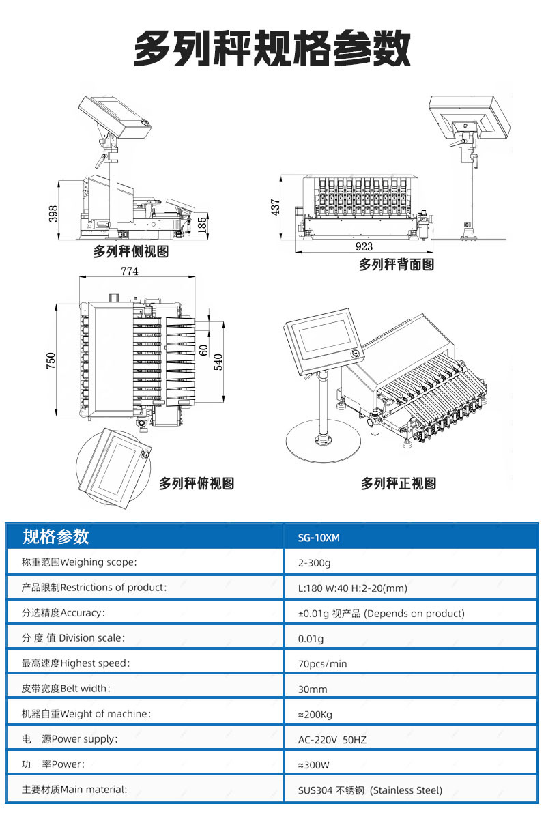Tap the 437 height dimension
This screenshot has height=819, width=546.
tap(276, 207)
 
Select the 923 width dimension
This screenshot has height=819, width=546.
tap(364, 246)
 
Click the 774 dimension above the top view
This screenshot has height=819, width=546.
tap(130, 271)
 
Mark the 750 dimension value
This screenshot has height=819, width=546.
tap(51, 362)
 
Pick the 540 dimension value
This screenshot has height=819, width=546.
tap(219, 360)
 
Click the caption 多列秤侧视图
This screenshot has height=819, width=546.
tap(131, 251)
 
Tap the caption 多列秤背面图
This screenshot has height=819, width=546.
tap(397, 264)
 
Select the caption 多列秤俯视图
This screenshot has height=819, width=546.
tap(197, 483)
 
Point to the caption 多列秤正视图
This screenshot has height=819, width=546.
tap(399, 483)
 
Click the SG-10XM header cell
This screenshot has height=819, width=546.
tap(319, 537)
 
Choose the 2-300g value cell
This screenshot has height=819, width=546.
tap(314, 563)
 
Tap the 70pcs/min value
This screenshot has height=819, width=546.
tap(322, 663)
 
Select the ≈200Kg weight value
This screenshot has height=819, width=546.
tap(316, 714)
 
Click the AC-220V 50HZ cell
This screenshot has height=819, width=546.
tap(332, 739)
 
